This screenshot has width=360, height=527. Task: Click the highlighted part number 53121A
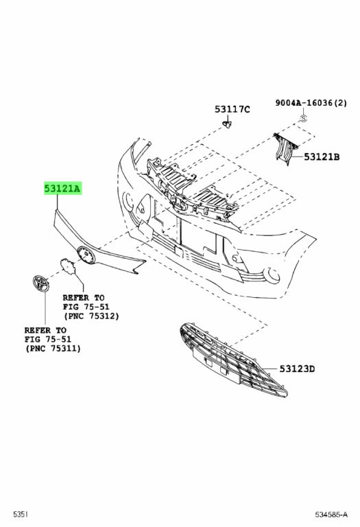pos(62,189)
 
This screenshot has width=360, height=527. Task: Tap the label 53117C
pos(232,109)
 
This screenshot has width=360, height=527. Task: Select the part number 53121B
pos(322,156)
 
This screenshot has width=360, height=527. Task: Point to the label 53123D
pos(297,368)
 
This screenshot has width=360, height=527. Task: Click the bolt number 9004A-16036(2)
pos(311,103)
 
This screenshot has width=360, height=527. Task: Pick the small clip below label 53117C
pos(228,124)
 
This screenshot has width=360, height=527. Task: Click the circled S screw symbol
pos(304,118)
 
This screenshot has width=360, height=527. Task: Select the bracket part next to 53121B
pos(285,149)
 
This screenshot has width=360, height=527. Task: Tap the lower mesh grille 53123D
pos(233,359)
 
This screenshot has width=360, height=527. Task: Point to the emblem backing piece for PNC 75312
pos(69,266)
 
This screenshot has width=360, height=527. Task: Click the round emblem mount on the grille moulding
pos(86,255)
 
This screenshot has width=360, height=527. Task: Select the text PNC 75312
pos(91,316)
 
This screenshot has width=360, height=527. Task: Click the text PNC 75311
pos(53,349)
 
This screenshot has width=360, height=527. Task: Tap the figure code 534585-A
pos(331,515)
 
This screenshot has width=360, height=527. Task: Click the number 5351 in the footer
pos(21,515)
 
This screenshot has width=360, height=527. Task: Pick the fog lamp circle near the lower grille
pos(272,275)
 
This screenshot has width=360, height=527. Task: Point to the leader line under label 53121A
pos(57,202)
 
